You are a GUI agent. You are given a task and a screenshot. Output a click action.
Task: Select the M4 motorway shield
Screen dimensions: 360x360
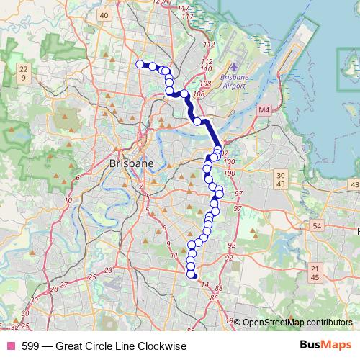click(x=264, y=110)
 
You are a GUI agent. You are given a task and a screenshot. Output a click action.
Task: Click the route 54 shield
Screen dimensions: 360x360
click(x=316, y=226)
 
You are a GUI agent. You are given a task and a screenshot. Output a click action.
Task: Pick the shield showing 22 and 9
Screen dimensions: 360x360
click(x=24, y=72)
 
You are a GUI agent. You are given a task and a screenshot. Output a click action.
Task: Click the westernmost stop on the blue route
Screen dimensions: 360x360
click(x=140, y=64)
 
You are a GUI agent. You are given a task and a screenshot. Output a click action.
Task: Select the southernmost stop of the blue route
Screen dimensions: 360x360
click(x=192, y=274)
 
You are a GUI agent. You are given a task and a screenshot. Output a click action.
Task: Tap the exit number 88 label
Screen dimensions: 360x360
click(x=219, y=288)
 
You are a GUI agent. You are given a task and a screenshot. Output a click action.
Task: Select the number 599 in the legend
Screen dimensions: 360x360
click(x=30, y=346)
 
